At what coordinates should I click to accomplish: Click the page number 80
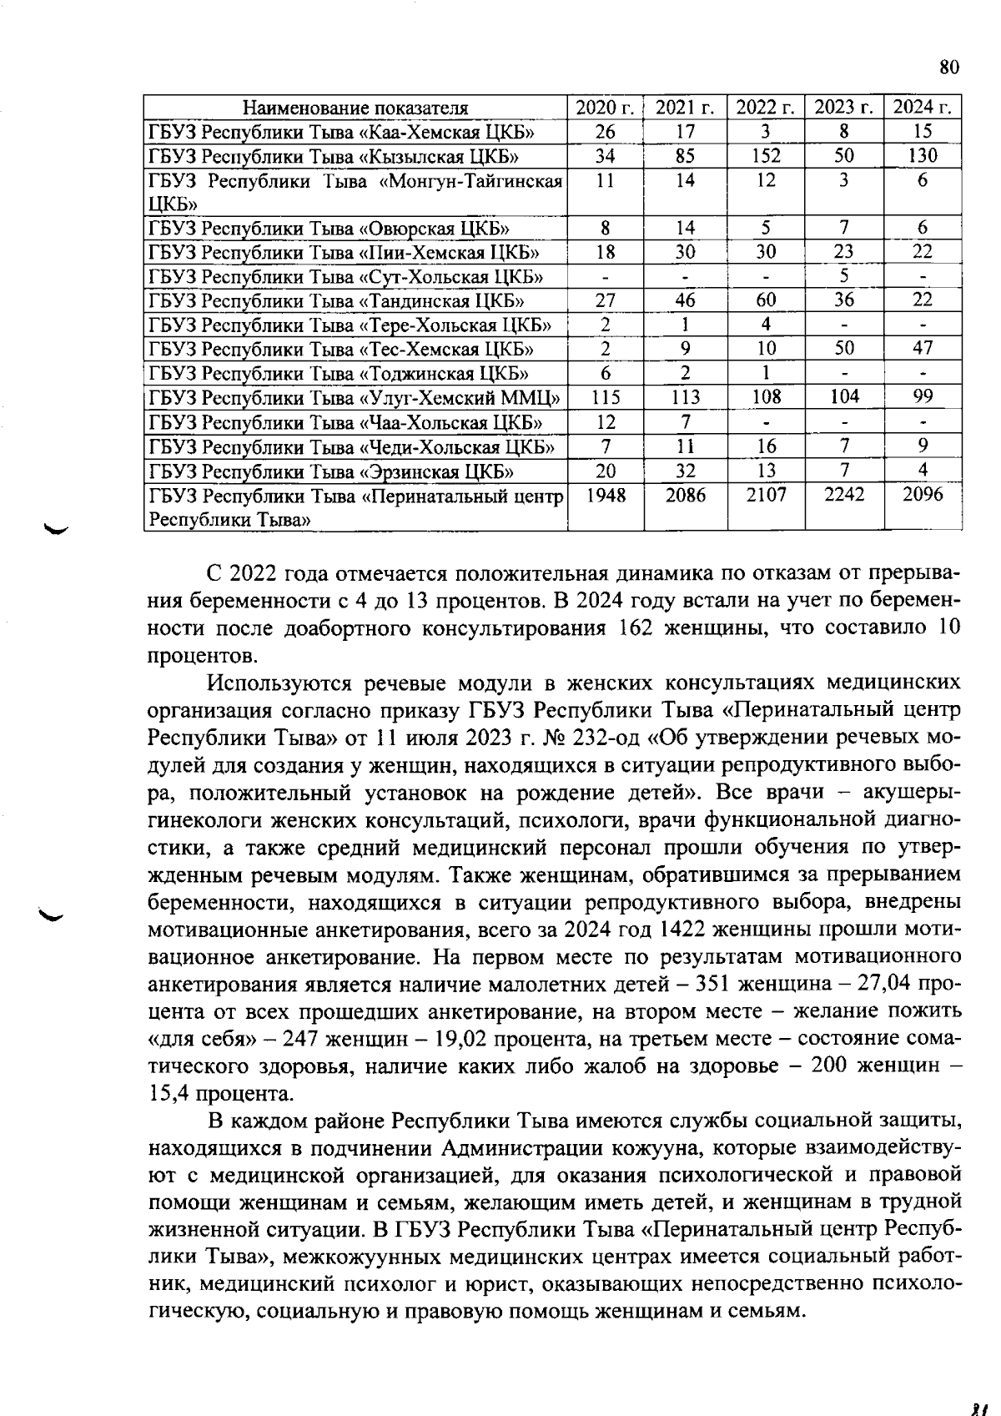coord(949,67)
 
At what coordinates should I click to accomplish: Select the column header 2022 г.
coord(765,108)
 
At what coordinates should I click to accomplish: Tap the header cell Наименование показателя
coord(355,108)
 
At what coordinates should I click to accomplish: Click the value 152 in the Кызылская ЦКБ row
coord(765,155)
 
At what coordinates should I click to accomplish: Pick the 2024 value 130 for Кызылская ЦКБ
coord(923,155)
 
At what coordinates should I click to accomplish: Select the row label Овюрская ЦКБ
coord(329,228)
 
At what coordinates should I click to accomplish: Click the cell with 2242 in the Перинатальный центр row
coord(843,495)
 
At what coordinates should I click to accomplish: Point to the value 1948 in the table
coord(606,495)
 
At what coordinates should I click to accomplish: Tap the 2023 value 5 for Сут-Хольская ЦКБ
coord(843,275)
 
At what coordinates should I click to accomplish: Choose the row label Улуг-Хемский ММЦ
coord(354,397)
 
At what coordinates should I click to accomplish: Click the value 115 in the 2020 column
coord(606,397)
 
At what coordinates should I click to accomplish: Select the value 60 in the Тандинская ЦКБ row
coord(765,300)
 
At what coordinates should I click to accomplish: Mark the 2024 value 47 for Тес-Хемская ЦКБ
coord(923,348)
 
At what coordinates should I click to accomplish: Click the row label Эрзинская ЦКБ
coord(331,471)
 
